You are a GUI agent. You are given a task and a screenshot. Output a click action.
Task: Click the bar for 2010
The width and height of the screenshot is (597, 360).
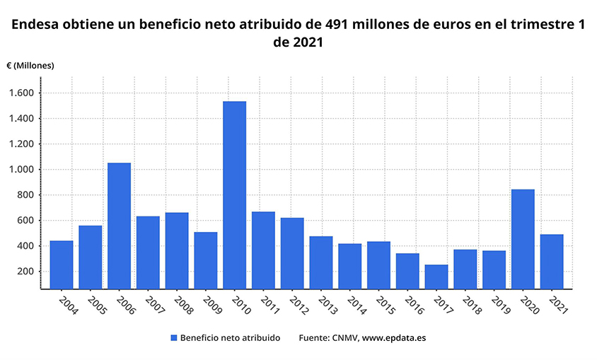point(234,195)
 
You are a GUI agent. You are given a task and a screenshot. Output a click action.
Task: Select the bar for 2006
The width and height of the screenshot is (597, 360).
point(119,226)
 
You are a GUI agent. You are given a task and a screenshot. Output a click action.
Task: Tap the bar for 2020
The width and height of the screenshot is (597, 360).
point(523,239)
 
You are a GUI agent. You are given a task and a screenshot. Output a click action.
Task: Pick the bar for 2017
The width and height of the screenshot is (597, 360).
point(436,277)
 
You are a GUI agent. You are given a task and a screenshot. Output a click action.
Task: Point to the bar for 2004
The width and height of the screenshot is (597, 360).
point(62,265)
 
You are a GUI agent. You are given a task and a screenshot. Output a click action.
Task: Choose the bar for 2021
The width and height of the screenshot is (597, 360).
point(552,261)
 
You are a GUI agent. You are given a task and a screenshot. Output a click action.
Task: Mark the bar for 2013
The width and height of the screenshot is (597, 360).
point(321,262)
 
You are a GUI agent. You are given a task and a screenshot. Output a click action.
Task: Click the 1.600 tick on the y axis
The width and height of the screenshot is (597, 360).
point(30,93)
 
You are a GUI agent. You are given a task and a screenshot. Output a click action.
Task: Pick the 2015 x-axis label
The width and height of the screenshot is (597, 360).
point(385,306)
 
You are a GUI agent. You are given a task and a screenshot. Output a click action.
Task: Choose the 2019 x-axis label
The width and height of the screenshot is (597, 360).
point(500,306)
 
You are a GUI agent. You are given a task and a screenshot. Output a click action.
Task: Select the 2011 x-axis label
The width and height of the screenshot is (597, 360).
point(269,306)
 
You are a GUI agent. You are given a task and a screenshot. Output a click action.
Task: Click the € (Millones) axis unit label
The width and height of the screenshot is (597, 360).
point(30,65)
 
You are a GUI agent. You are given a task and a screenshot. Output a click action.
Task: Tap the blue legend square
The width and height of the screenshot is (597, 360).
point(174,338)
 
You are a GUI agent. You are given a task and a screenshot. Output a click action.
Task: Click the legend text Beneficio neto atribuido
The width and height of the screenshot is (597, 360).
point(230,338)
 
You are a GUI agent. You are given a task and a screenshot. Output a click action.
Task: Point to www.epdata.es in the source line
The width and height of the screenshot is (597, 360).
point(394,338)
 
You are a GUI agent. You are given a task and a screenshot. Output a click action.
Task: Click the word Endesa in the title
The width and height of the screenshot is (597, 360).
point(35,25)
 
